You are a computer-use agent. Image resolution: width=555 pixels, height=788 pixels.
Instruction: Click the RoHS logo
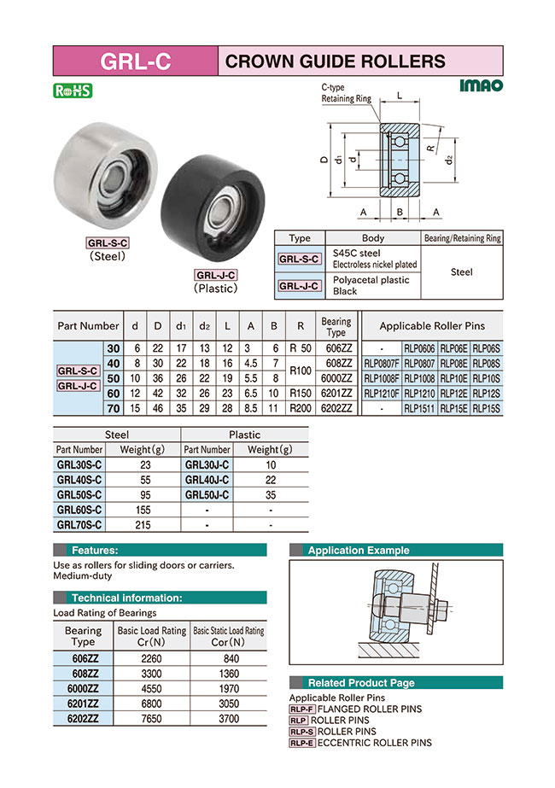(x=73, y=90)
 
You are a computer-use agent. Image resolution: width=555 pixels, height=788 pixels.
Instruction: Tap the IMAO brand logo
(x=481, y=85)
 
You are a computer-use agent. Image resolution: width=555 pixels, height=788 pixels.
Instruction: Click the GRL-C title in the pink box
(x=135, y=61)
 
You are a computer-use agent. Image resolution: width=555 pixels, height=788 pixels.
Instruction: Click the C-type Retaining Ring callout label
(x=346, y=94)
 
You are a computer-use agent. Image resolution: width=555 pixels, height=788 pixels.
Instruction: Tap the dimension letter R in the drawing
(x=432, y=149)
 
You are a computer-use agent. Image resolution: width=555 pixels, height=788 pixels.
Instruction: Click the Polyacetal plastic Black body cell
(x=375, y=285)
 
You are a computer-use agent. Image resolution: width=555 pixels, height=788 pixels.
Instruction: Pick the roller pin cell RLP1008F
(x=381, y=378)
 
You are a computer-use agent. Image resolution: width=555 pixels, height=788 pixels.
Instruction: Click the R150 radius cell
(x=300, y=393)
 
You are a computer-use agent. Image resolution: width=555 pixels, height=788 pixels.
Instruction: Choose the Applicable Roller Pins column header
(x=432, y=325)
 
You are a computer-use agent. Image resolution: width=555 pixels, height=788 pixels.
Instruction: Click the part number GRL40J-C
(x=207, y=479)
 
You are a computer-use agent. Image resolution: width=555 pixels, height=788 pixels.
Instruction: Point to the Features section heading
(x=95, y=551)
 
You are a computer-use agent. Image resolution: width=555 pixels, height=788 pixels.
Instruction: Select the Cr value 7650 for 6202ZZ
(x=149, y=719)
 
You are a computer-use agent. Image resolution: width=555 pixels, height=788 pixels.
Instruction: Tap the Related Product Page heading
(x=360, y=683)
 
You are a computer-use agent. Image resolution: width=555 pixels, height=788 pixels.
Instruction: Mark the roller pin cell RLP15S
(x=486, y=408)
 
